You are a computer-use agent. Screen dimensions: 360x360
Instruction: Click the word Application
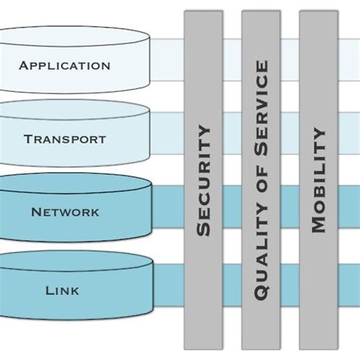pyautogui.click(x=65, y=65)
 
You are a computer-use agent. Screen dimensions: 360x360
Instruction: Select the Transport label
pyautogui.click(x=65, y=139)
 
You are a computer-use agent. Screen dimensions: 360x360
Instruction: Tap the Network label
pyautogui.click(x=65, y=213)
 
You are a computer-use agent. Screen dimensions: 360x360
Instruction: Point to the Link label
pyautogui.click(x=62, y=290)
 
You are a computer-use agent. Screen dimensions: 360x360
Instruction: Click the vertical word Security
pyautogui.click(x=204, y=182)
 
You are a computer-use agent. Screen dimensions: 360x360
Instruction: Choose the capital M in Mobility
pyautogui.click(x=318, y=225)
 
